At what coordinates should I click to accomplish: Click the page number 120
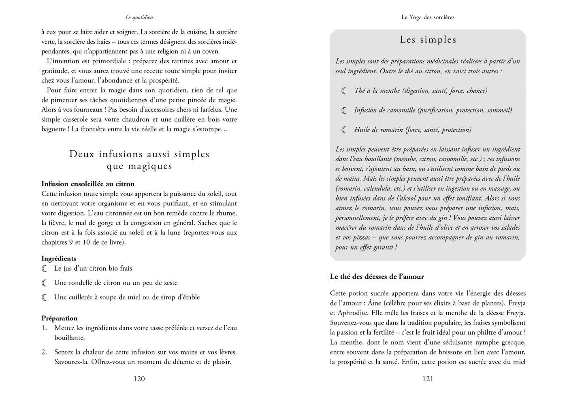pos(139,379)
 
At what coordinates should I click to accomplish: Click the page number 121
pos(428,379)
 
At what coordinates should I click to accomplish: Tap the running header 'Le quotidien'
pos(139,17)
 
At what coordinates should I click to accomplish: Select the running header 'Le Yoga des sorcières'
pos(428,17)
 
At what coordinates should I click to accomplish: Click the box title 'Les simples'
pos(428,40)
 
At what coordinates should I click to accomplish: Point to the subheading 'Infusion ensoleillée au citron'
pos(88,184)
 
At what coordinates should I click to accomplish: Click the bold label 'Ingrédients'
pos(59,258)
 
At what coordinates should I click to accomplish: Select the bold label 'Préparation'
pos(59,318)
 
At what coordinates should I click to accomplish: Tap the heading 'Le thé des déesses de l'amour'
pos(377,277)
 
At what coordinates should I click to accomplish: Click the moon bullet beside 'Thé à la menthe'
pos(344,91)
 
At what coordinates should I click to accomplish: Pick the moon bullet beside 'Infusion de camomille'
pos(344,110)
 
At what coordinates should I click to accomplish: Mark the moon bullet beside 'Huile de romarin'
pos(344,130)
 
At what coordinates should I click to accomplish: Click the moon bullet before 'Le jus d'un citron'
pos(44,269)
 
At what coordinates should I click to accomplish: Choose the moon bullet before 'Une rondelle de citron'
pos(44,283)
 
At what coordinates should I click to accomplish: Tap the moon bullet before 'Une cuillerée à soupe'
pos(44,297)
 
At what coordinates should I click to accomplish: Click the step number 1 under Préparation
pos(44,328)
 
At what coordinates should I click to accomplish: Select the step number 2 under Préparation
pos(44,352)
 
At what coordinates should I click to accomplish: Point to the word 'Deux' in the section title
pos(83,154)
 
